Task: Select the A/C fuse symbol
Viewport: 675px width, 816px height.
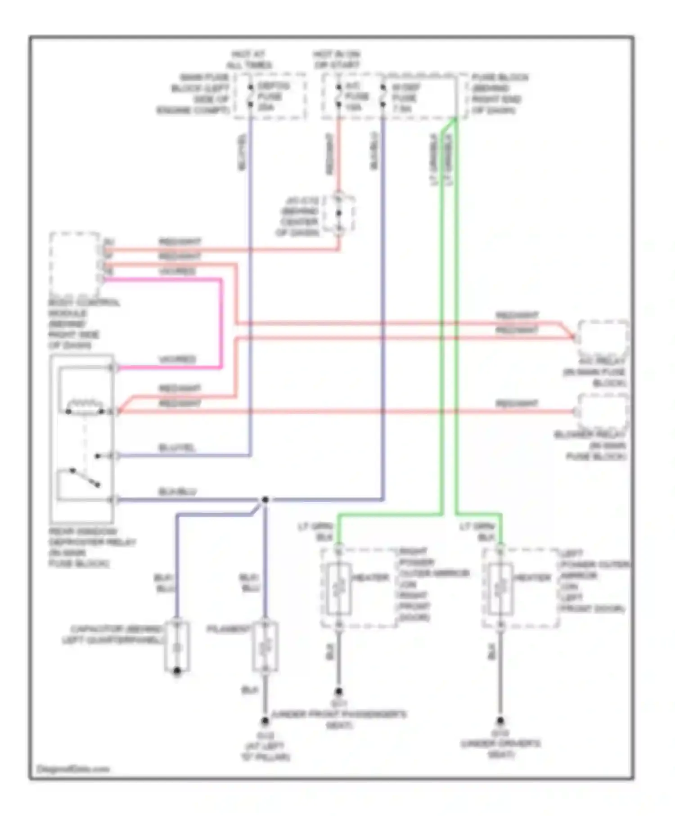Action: tap(338, 96)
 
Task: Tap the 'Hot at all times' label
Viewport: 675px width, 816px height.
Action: tap(249, 60)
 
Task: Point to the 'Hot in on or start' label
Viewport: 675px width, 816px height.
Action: tap(337, 60)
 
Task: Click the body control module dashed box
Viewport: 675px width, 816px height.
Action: tap(75, 263)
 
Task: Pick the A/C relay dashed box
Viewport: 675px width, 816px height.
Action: tap(603, 339)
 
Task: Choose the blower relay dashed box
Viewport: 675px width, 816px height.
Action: tap(603, 412)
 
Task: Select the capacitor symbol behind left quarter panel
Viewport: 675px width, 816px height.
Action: tap(177, 647)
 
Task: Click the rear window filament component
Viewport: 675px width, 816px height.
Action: tap(265, 647)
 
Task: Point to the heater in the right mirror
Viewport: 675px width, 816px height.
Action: tap(339, 588)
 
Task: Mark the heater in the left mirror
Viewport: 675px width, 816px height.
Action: tap(500, 588)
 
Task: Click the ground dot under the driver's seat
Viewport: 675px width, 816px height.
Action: tap(500, 720)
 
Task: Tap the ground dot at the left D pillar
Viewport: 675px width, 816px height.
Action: tap(265, 721)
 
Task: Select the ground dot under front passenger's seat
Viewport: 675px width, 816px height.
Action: tap(338, 691)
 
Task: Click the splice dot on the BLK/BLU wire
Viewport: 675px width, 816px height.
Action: tap(265, 499)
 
